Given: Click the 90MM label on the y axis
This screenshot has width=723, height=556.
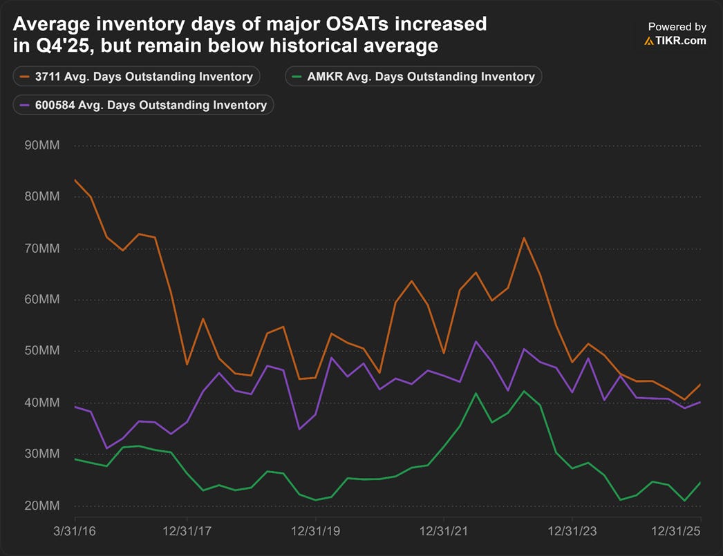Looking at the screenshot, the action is [x=42, y=146].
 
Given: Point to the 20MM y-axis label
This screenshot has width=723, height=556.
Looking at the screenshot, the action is [x=42, y=506].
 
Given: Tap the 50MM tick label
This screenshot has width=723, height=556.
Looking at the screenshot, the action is [x=42, y=351].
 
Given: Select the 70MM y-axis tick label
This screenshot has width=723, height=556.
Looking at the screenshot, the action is [x=42, y=249].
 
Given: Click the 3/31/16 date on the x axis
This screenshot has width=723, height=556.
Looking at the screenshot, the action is [x=75, y=531].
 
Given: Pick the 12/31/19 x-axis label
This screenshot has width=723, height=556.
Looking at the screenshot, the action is [x=315, y=531].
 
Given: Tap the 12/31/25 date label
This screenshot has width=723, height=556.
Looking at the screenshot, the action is [x=675, y=531].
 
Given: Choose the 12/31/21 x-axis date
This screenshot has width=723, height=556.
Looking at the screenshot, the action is [x=444, y=531].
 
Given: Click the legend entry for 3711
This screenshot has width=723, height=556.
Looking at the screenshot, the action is [x=136, y=77].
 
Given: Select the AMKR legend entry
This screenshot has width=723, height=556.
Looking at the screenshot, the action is [x=413, y=77].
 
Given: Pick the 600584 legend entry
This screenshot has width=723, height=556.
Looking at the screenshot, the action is [x=143, y=105].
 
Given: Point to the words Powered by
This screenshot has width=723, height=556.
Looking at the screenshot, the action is [x=677, y=27].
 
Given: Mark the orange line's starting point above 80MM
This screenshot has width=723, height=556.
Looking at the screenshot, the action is [x=75, y=180].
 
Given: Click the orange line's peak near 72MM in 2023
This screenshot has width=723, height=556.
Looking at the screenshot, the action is [x=524, y=238].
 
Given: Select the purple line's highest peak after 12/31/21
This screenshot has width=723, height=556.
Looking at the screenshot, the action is [x=476, y=341].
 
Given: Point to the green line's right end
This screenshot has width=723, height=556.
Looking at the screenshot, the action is [x=700, y=482].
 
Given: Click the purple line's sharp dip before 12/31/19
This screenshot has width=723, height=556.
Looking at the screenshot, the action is [x=299, y=429].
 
